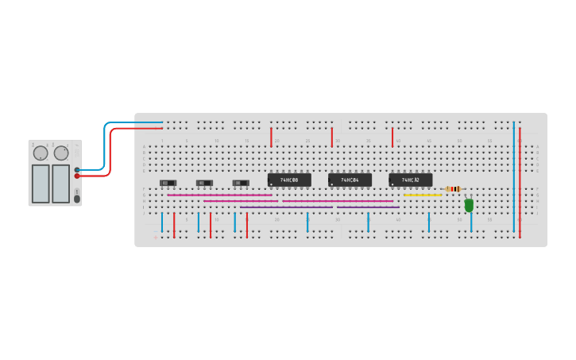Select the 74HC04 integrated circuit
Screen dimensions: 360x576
[x=350, y=180]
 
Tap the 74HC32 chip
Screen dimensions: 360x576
[x=410, y=180]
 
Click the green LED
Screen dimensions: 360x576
[x=469, y=205]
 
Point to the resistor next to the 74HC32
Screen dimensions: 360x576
[x=454, y=189]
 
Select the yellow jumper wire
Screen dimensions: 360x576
[x=422, y=195]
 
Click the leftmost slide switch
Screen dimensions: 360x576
[x=168, y=183]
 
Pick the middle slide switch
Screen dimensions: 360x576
[x=204, y=183]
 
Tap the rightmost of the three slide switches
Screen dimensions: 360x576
[x=240, y=183]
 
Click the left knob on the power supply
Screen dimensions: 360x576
[x=41, y=153]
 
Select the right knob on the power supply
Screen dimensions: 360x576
[x=61, y=153]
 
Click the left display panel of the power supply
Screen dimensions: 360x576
[x=41, y=184]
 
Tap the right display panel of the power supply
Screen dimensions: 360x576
[x=61, y=184]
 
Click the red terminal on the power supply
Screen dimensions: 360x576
[x=77, y=176]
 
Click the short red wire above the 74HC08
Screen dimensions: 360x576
[x=271, y=137]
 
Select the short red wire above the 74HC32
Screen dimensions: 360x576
[x=392, y=137]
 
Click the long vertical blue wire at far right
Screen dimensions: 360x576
[x=514, y=175]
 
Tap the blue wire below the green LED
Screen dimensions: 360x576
[x=471, y=222]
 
